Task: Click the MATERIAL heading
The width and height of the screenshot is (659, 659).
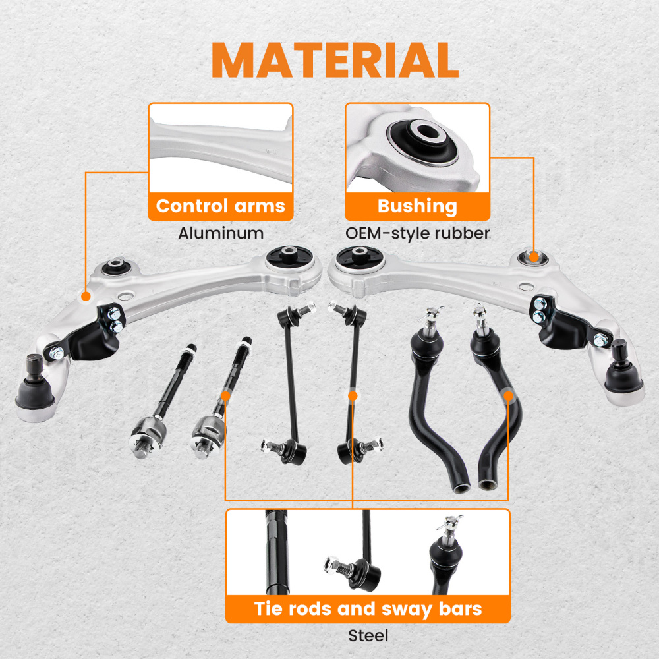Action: click(335, 61)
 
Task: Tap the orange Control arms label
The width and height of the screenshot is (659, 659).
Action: click(220, 206)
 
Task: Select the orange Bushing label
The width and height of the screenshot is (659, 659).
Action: click(416, 206)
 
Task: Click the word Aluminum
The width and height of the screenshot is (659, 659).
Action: click(221, 233)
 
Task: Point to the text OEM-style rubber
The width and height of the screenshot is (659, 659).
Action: click(417, 233)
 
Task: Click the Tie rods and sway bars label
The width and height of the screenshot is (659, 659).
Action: click(368, 608)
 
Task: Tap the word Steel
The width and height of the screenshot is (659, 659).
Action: click(368, 635)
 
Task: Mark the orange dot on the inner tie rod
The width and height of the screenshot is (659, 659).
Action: click(225, 395)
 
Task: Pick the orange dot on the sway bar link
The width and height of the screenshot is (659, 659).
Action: click(353, 395)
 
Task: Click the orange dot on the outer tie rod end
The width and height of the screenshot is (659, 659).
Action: click(508, 395)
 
